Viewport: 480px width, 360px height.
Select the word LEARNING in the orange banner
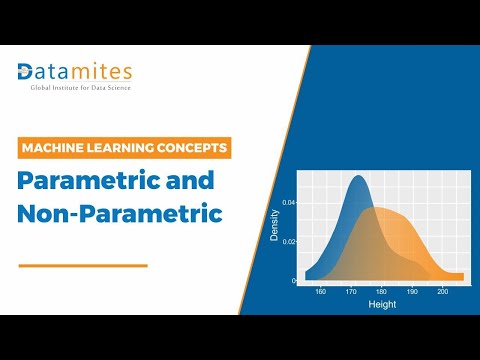tap(130, 148)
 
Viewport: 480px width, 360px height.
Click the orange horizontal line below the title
tap(83, 265)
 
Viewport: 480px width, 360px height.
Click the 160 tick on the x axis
tap(320, 292)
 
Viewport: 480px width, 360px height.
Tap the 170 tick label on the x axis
tap(350, 292)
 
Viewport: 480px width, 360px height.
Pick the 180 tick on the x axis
tap(381, 292)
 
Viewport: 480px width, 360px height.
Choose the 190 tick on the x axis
tap(411, 292)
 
